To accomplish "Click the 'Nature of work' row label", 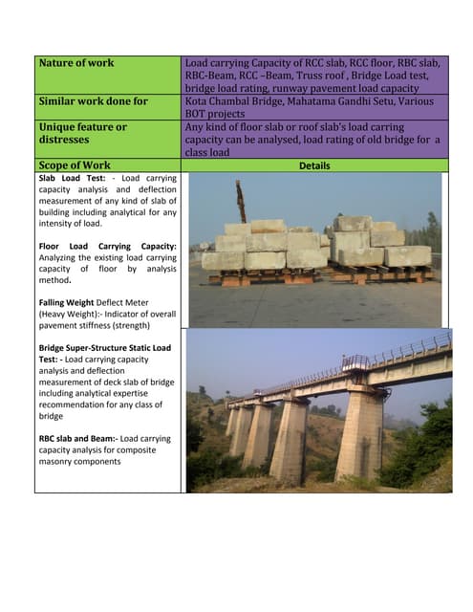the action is [76, 63].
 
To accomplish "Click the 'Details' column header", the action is [314, 165].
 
